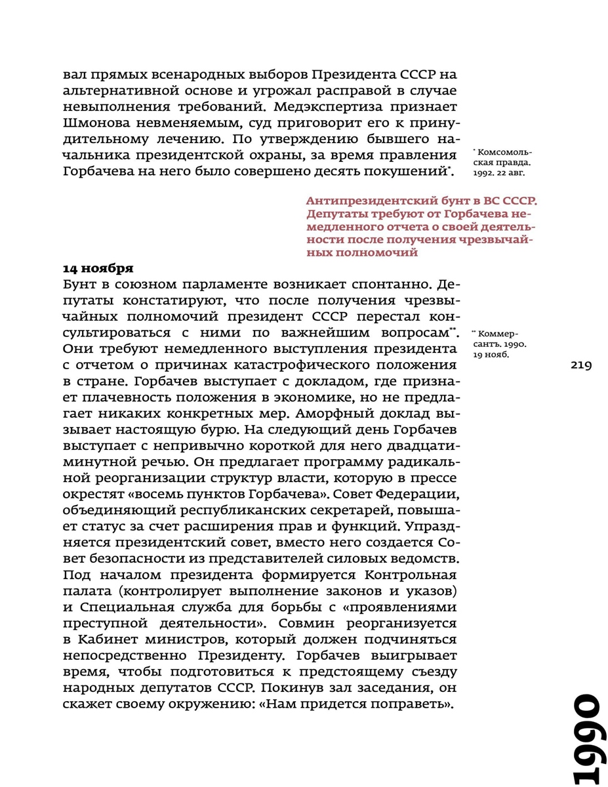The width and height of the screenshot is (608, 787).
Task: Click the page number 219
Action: pyautogui.click(x=581, y=365)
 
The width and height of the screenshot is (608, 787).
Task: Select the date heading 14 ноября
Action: pyautogui.click(x=98, y=268)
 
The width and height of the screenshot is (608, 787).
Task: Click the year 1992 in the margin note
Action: pyautogui.click(x=483, y=173)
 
